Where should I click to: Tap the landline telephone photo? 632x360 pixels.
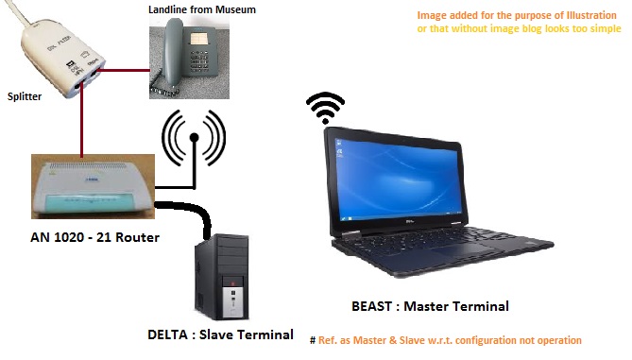coord(188,56)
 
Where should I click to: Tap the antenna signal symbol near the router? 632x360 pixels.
coord(194,138)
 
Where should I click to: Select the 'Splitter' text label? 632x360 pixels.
coord(25,96)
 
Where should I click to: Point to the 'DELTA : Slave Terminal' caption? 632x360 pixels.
coord(218,334)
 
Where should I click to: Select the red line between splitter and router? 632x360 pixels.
coord(84,123)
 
